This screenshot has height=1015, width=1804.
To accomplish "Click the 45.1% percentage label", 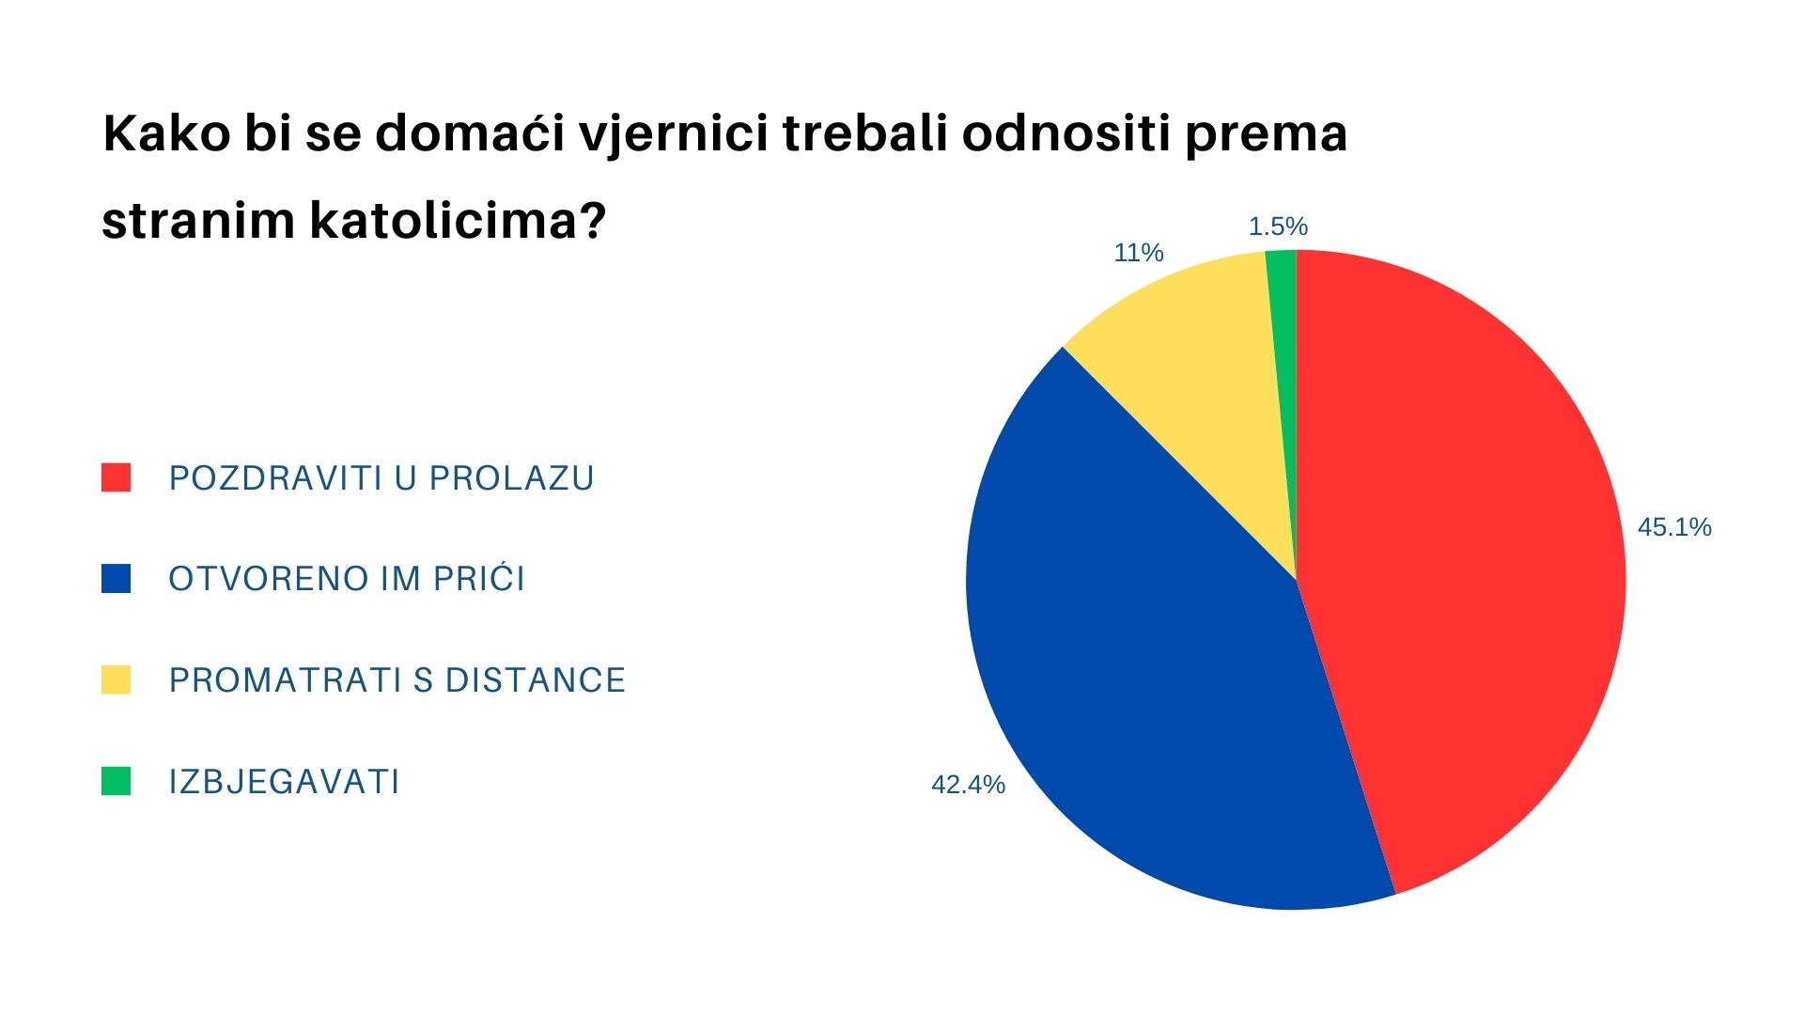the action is [x=1674, y=527].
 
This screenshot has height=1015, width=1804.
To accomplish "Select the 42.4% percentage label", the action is [x=968, y=785].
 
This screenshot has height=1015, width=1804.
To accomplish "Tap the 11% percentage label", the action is [x=1139, y=253].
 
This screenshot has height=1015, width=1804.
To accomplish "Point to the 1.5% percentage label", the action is [x=1278, y=226].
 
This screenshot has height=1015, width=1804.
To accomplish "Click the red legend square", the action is [x=116, y=477].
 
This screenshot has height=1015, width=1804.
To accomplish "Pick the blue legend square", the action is [x=116, y=579].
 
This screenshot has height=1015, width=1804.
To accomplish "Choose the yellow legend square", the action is [x=116, y=679].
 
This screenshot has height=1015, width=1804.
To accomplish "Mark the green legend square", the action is [x=116, y=781].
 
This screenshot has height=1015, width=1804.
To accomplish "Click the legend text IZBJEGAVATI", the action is [x=285, y=782].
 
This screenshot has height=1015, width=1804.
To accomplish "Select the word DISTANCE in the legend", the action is [x=535, y=680].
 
